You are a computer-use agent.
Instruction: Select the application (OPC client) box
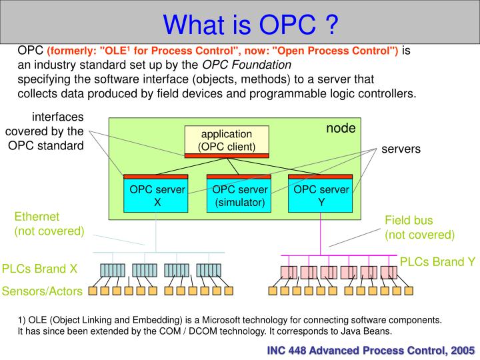tap(227, 141)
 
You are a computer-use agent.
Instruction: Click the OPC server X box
tap(157, 195)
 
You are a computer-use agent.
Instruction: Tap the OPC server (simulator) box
tap(239, 195)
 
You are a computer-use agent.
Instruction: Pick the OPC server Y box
tap(321, 195)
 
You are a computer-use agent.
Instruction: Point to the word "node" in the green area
tap(341, 129)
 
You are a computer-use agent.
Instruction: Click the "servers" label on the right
tap(401, 149)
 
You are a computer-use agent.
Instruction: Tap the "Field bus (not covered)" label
tap(419, 227)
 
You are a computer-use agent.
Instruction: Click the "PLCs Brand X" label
tap(40, 269)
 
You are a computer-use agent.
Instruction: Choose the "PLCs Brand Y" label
tap(437, 262)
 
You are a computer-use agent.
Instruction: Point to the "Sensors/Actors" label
tap(42, 291)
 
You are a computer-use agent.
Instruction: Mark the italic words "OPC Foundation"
tap(247, 65)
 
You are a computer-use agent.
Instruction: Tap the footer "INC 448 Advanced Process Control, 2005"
tap(371, 349)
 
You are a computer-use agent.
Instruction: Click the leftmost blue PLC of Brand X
tap(112, 270)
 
